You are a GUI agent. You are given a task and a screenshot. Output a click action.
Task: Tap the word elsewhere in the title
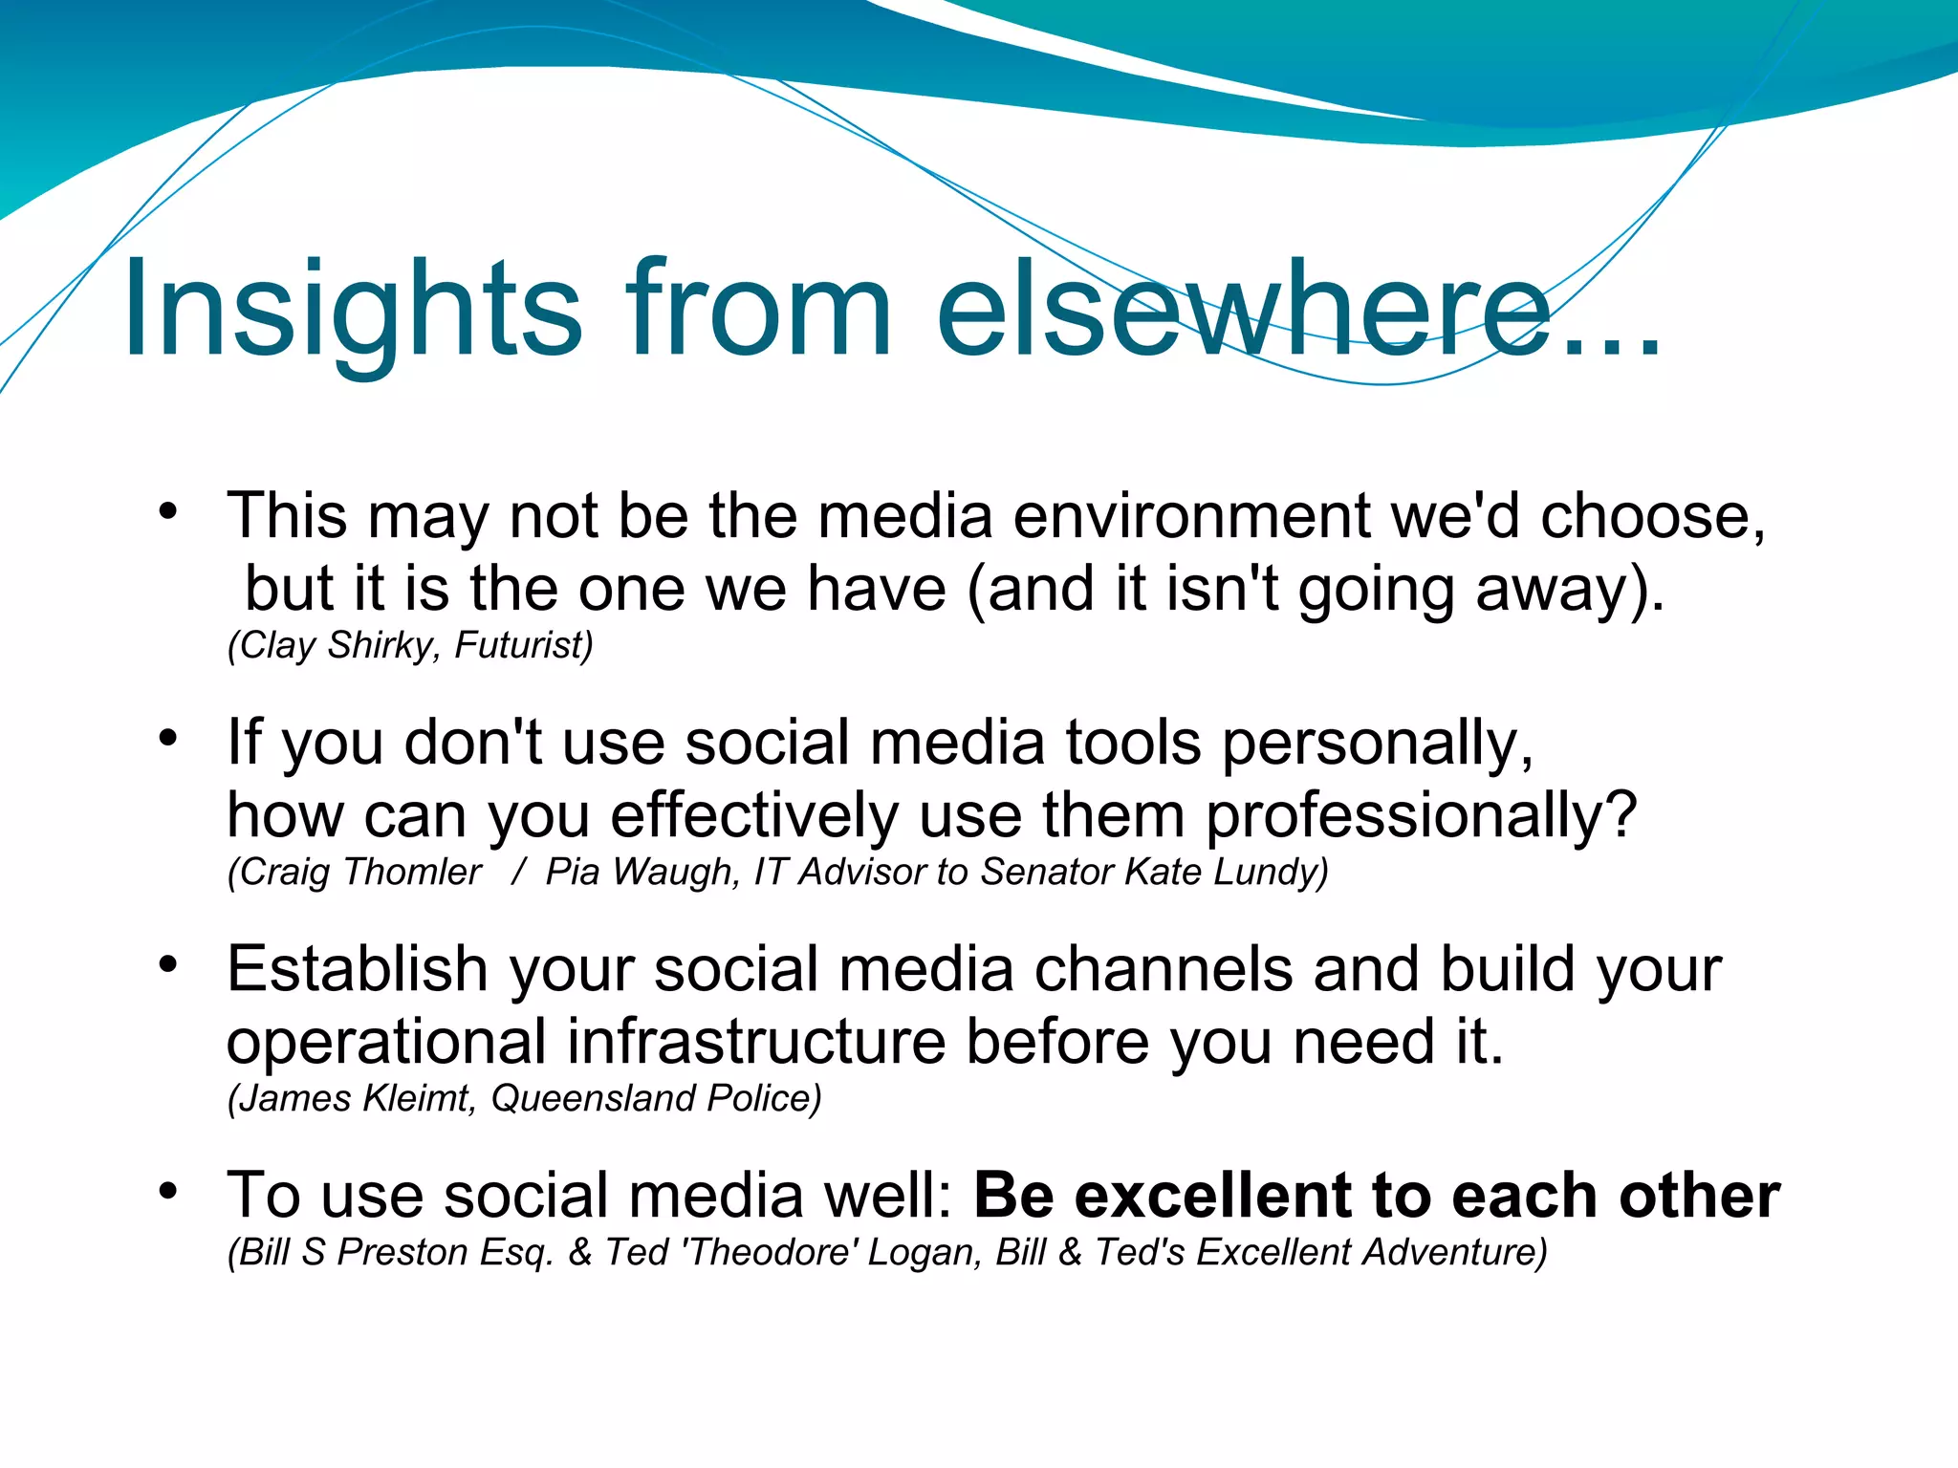1243,311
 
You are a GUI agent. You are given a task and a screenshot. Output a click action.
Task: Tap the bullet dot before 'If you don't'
168,737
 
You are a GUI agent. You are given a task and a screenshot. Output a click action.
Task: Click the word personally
1377,745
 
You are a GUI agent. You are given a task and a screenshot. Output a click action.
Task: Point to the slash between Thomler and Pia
518,872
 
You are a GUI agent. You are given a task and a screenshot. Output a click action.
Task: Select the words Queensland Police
655,1098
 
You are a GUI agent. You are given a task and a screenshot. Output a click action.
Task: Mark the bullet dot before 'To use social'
168,1190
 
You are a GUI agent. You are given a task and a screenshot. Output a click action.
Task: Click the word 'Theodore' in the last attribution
771,1252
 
